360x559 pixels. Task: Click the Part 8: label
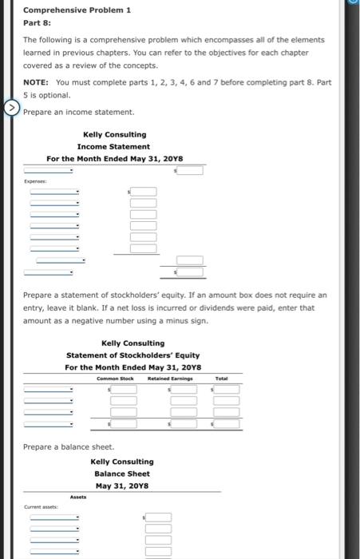coord(36,23)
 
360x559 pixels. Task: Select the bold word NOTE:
coord(37,82)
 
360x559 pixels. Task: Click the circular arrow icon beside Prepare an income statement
coord(11,107)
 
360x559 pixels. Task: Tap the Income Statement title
coord(113,146)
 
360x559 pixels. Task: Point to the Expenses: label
coord(34,181)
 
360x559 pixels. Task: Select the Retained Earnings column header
coord(169,378)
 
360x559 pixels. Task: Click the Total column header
coord(222,378)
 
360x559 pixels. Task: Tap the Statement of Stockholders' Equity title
coord(133,355)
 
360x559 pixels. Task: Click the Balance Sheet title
coord(121,474)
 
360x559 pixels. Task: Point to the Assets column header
coord(77,497)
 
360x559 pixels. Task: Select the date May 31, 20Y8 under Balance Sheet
coord(121,486)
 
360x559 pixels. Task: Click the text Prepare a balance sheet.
coord(69,446)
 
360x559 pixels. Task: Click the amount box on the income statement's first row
coord(190,169)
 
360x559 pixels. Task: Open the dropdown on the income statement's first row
coord(49,169)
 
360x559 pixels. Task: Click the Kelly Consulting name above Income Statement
coord(114,134)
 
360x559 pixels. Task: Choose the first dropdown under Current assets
coord(54,517)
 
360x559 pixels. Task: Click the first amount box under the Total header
coord(227,389)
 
